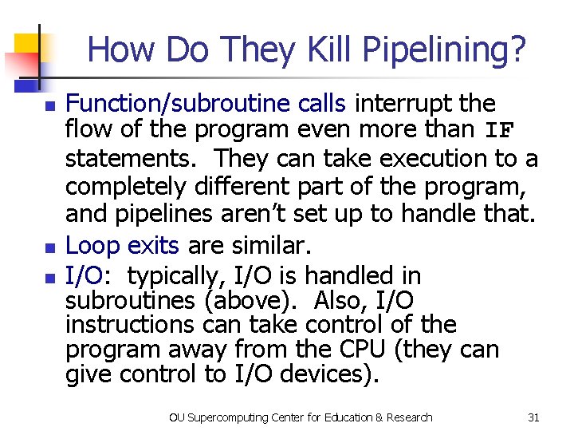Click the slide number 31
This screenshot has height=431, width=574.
(533, 417)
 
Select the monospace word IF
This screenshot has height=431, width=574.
(499, 131)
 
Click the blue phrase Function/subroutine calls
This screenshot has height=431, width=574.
(205, 104)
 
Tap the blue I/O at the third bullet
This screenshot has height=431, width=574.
(84, 276)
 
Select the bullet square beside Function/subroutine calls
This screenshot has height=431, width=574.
(48, 105)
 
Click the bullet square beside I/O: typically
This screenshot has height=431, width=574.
(48, 278)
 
